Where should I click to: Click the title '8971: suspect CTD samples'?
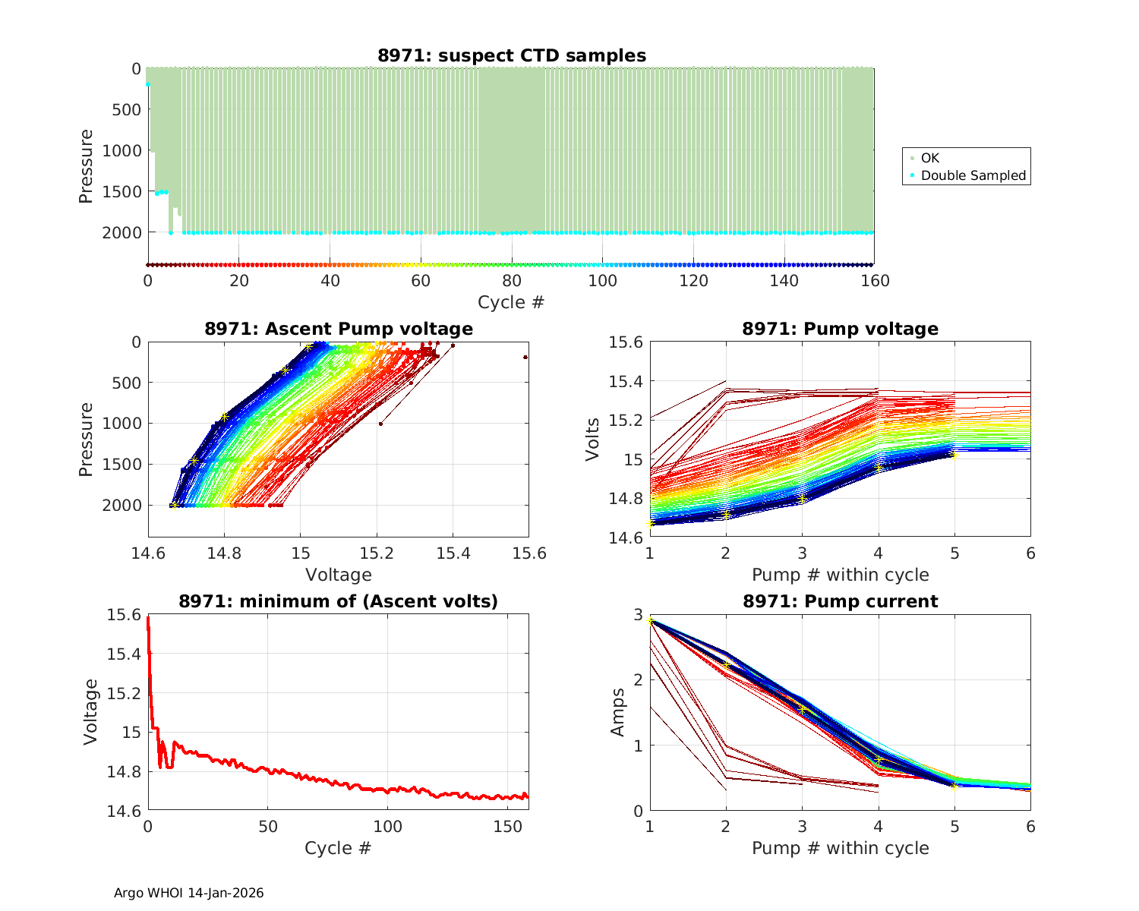pos(512,55)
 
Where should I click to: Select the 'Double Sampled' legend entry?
pos(973,175)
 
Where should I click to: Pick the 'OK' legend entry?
pos(929,158)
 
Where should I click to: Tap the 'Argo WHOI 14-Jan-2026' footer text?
pos(188,893)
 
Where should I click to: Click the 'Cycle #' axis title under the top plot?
pos(511,302)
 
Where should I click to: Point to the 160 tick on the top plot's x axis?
pos(875,281)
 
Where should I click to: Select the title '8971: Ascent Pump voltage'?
pos(339,329)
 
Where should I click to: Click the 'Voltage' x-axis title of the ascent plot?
pos(339,575)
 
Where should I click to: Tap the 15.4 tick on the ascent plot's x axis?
pos(453,553)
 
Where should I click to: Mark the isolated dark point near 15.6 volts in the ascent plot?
pos(525,357)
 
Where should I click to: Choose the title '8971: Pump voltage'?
pos(840,329)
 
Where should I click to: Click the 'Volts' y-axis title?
pos(593,440)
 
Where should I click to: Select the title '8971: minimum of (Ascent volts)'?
pos(339,601)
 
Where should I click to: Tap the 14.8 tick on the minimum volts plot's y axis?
pos(123,772)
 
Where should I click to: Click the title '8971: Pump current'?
pos(840,601)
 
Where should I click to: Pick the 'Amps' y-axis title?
pos(619,712)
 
